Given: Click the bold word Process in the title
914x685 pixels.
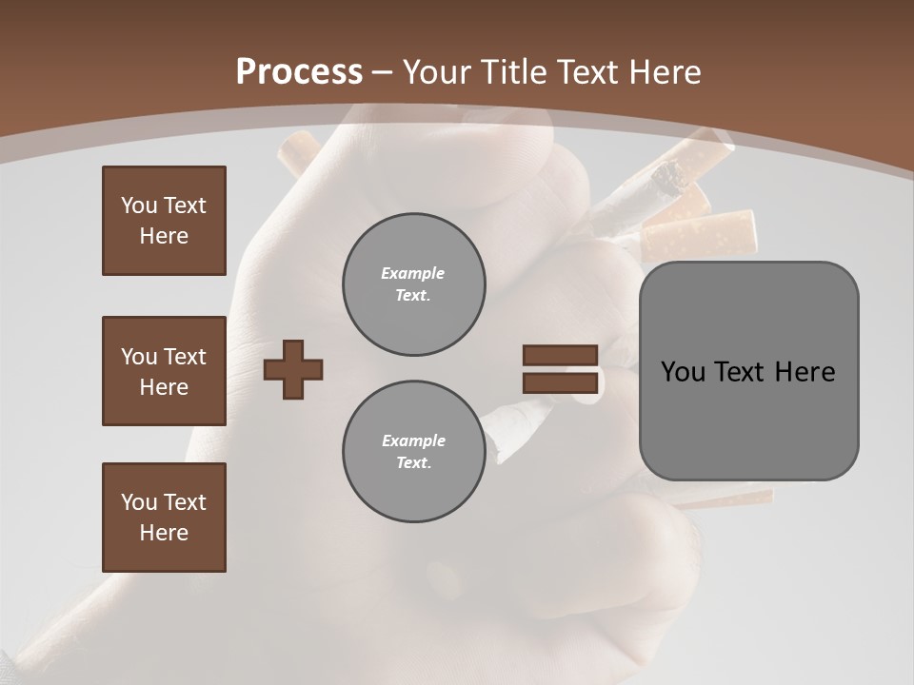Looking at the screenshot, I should [299, 72].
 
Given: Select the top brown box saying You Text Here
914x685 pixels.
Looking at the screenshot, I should [164, 221].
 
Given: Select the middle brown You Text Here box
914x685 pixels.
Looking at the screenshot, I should [164, 371].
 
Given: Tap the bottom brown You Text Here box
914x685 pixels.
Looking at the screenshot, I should [164, 517].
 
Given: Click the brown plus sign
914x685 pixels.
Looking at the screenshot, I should [293, 369].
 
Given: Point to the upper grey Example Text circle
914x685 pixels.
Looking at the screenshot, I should [413, 284].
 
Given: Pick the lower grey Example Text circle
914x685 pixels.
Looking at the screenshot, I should [413, 452].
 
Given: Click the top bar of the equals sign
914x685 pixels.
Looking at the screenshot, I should [560, 355].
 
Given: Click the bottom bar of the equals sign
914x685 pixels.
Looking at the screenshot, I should [560, 382].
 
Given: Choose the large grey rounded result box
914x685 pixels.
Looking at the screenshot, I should [748, 370].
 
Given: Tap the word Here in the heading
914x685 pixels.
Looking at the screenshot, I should [664, 72].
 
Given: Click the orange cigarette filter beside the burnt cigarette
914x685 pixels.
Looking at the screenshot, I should [700, 233].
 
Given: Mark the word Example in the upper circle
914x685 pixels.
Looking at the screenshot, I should [412, 273].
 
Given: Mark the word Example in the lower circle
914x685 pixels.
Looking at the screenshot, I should [413, 440].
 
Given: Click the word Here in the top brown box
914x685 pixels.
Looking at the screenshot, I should [164, 236].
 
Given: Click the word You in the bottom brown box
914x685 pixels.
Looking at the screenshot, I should [138, 501].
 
